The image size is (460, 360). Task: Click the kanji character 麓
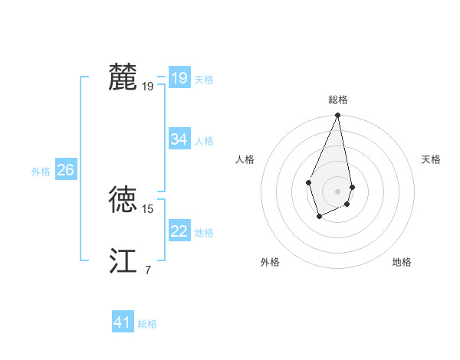[x=123, y=77]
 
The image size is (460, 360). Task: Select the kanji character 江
[x=123, y=261]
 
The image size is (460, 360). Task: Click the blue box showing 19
[x=179, y=78]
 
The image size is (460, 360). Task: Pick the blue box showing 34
[x=179, y=139]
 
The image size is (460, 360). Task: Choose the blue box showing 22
[x=179, y=231]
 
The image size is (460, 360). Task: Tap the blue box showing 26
[x=65, y=170]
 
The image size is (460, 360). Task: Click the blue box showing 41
[x=123, y=322]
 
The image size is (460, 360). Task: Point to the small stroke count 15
[x=148, y=208]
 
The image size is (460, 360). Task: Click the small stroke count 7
[x=148, y=270]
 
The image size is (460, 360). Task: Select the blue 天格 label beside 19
[x=204, y=80]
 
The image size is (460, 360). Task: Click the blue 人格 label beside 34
[x=204, y=141]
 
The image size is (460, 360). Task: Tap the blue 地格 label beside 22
[x=204, y=233]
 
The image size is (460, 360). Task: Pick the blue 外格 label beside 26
[x=41, y=172]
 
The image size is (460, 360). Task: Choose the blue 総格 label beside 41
[x=147, y=324]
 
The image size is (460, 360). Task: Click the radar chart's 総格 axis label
[x=338, y=100]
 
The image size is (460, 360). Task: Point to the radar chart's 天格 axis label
[x=432, y=159]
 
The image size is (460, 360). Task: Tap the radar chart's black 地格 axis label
[x=402, y=262]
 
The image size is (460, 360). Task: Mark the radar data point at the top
[x=338, y=116]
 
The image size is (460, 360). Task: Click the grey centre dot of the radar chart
[x=338, y=191]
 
